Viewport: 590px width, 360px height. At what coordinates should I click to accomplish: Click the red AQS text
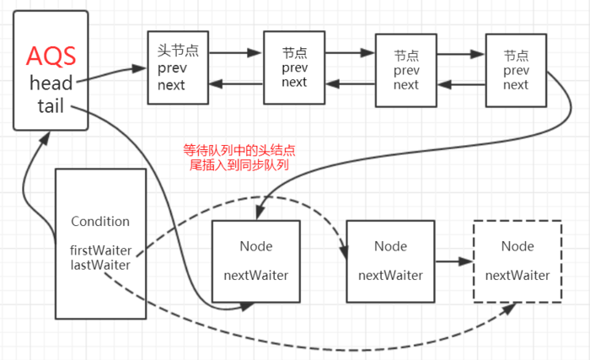click(51, 56)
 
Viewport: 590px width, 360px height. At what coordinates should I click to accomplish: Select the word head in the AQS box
click(51, 83)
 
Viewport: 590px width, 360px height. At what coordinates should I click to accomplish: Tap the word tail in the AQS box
click(51, 107)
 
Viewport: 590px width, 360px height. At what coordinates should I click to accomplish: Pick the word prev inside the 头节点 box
click(172, 68)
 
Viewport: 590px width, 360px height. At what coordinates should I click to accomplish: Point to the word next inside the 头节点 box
click(171, 85)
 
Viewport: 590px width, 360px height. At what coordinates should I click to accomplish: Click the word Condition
click(100, 222)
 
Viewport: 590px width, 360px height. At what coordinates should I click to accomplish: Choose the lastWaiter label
click(100, 266)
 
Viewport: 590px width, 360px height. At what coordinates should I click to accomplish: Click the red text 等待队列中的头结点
click(239, 151)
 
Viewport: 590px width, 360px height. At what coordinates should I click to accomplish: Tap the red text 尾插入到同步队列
click(239, 165)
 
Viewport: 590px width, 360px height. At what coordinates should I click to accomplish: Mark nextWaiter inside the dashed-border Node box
click(518, 275)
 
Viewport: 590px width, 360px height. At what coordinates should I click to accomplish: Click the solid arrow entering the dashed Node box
click(453, 262)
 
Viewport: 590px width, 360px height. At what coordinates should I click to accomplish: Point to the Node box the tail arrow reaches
click(256, 261)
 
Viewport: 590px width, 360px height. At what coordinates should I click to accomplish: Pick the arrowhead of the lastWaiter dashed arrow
click(509, 309)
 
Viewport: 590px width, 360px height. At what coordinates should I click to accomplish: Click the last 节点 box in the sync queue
click(516, 70)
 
